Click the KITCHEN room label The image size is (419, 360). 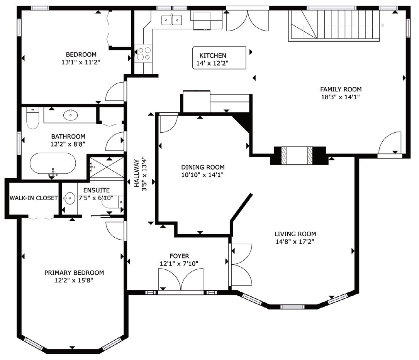tap(213, 56)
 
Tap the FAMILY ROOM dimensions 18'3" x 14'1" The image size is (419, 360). tap(341, 97)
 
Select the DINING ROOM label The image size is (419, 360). tap(203, 167)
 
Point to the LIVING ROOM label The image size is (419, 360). tap(295, 234)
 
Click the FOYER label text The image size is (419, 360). tap(179, 256)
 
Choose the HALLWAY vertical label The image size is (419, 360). tap(136, 173)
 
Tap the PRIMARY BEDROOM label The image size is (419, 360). tap(74, 273)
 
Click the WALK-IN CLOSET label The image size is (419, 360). tap(34, 198)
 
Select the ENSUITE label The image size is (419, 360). tap(97, 190)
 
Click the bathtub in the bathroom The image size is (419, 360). tap(53, 163)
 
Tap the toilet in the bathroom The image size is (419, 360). tap(32, 118)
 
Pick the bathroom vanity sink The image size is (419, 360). tap(71, 115)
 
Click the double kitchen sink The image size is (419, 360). tap(171, 20)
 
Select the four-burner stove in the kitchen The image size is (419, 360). tap(144, 53)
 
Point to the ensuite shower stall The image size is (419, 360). tap(106, 167)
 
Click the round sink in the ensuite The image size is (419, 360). tap(70, 198)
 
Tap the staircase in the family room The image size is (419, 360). tap(334, 25)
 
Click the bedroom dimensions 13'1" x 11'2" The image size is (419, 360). tap(81, 62)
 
